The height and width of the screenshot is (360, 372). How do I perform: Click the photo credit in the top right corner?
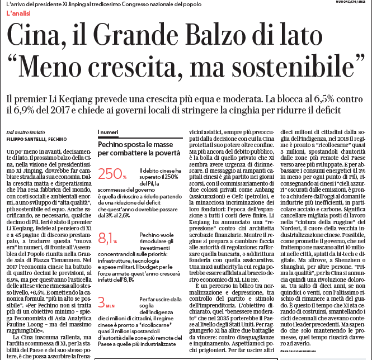[x=350, y=3]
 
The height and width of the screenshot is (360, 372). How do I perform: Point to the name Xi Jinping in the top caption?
[x=82, y=4]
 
